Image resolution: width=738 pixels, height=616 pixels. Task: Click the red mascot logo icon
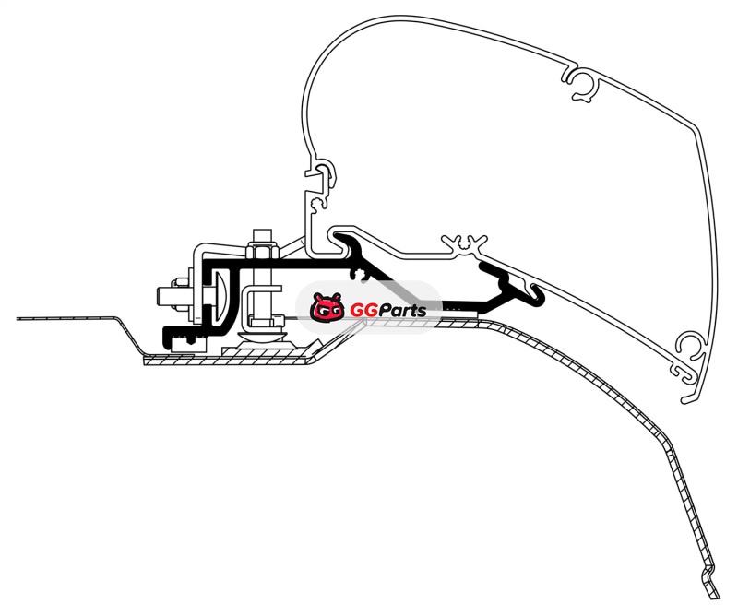(x=327, y=309)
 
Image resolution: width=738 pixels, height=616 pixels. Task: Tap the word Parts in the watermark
(x=399, y=311)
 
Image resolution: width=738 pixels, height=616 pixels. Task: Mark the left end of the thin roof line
(x=18, y=318)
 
